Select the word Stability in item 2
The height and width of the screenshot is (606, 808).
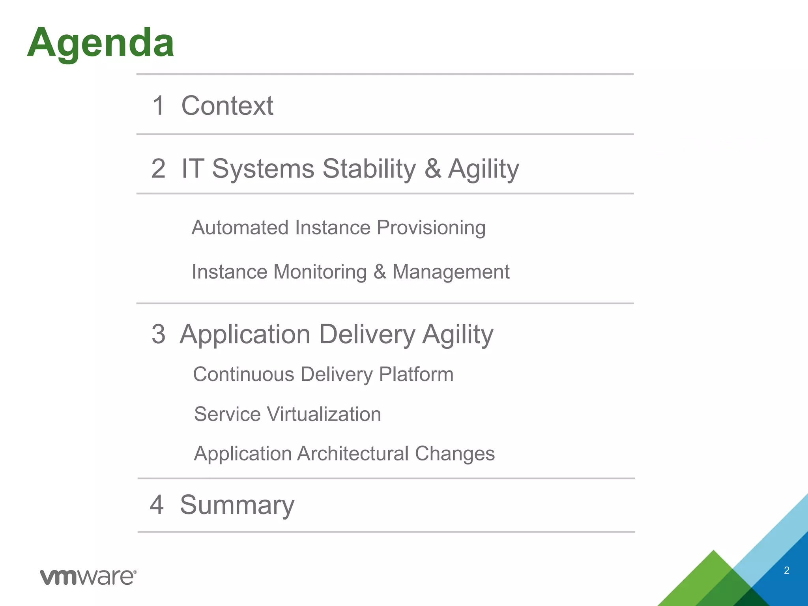[x=369, y=169]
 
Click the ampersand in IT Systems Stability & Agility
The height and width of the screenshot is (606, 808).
[x=432, y=169]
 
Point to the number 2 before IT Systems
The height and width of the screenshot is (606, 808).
[x=158, y=169]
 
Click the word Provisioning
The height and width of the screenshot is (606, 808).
[x=431, y=228]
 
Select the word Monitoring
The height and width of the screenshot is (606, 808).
[x=320, y=272]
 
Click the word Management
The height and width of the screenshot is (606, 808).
[x=451, y=272]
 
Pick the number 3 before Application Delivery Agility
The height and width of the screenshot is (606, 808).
[x=158, y=335]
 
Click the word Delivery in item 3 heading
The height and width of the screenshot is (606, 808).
[x=367, y=335]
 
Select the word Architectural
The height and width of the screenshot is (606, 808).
[x=353, y=454]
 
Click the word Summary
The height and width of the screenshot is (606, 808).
[x=237, y=505]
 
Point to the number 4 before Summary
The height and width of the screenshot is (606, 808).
[x=157, y=505]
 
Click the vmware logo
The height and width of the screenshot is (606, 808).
[x=88, y=577]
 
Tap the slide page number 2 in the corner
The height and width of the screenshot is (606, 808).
[x=786, y=570]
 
